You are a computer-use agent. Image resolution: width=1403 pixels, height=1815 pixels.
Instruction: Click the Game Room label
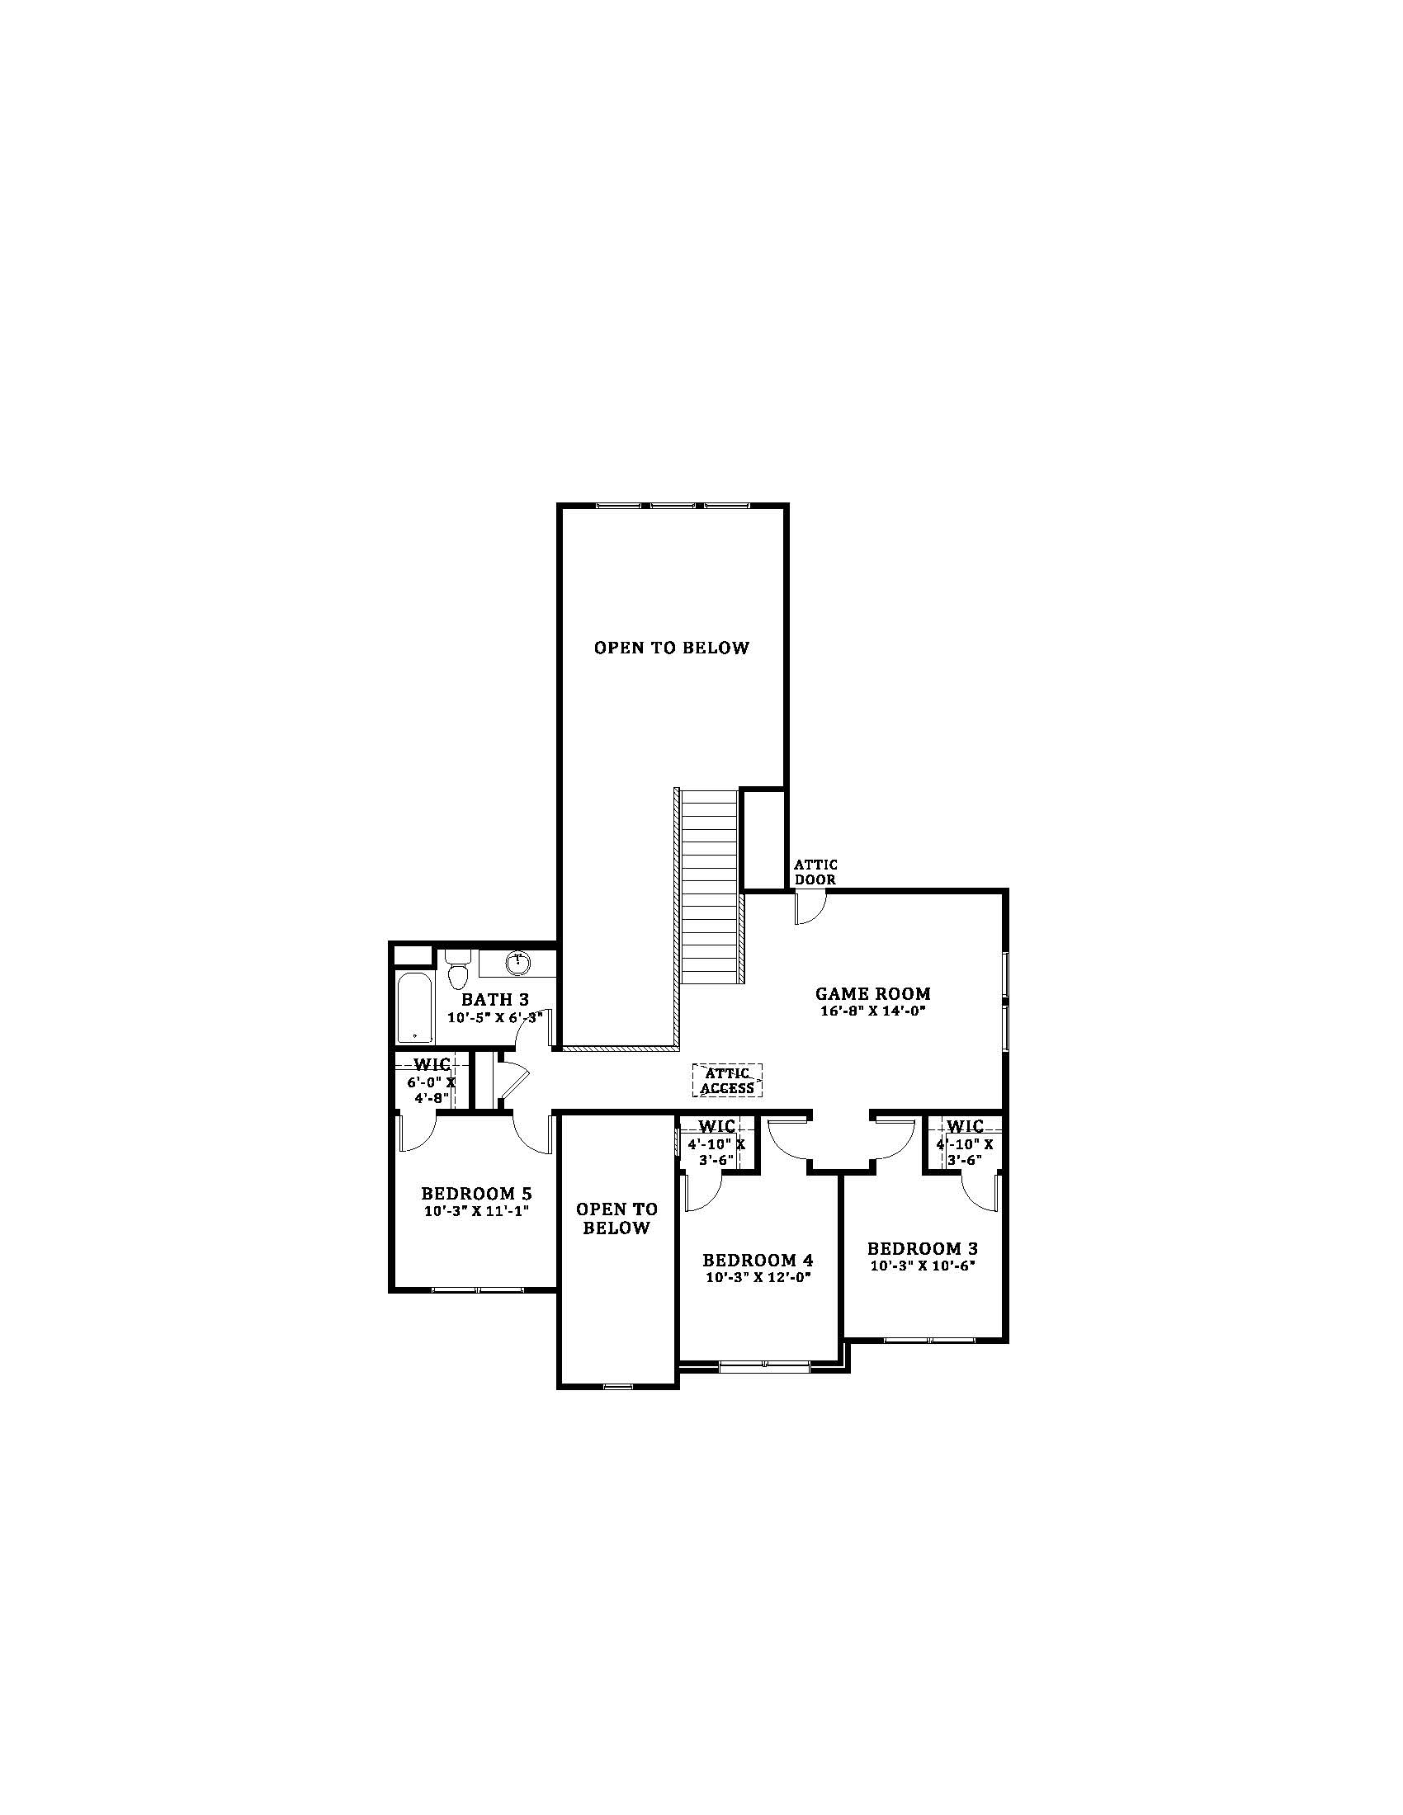coord(872,993)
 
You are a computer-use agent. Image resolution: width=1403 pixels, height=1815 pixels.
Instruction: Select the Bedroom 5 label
coord(476,1195)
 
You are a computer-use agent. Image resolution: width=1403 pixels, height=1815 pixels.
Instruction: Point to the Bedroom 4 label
coord(758,1260)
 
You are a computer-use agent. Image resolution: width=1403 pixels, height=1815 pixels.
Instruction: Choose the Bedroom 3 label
coord(923,1248)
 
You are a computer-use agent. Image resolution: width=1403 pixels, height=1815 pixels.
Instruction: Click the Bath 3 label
coord(495,999)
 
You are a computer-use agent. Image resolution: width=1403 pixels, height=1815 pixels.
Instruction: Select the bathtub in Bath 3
coord(414,1007)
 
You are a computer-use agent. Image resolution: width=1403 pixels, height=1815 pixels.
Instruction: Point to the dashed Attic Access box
coord(727,1081)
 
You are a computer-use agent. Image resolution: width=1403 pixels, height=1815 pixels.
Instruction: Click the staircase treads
coord(711,886)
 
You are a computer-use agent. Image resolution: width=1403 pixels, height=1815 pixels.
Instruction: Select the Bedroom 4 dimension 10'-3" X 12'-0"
coord(758,1278)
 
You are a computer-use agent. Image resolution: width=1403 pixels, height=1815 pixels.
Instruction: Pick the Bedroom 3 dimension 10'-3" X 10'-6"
coord(923,1266)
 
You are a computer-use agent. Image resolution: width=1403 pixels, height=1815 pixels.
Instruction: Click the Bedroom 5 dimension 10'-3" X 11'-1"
coord(476,1212)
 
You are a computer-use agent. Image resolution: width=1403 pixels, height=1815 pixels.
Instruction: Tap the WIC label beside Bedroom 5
coord(432,1064)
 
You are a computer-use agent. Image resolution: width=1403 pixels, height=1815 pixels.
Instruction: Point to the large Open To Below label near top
coord(672,648)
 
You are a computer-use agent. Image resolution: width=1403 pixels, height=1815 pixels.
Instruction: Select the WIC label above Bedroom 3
coord(965,1126)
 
